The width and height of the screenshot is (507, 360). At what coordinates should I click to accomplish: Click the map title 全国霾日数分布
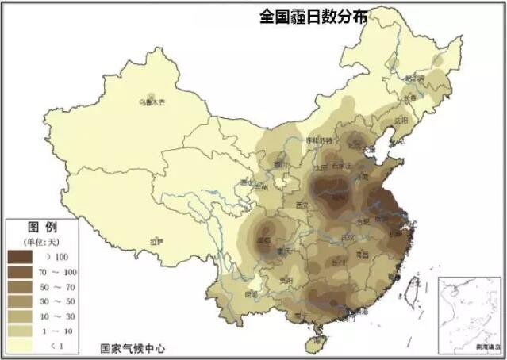tap(313, 17)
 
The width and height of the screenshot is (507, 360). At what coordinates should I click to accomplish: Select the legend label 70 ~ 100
tap(61, 272)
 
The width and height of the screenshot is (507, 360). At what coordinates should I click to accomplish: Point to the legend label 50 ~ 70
tap(61, 286)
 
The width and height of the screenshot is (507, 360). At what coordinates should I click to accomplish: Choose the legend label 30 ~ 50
tap(61, 301)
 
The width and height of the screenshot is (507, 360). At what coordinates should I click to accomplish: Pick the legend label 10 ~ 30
tap(61, 316)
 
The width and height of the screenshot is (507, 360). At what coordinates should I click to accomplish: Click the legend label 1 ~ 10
tap(61, 331)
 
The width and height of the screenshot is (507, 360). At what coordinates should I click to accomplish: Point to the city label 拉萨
tap(156, 240)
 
